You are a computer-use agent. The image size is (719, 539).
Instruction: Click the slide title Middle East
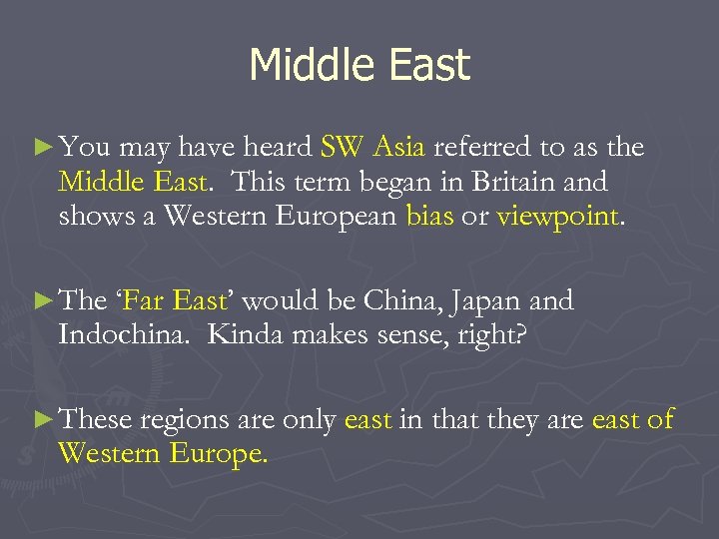click(359, 66)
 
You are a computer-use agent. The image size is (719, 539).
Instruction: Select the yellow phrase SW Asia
click(373, 149)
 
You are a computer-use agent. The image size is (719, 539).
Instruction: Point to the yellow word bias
click(429, 217)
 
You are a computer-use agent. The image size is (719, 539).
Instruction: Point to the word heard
click(277, 149)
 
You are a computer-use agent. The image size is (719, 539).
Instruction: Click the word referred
click(483, 149)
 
